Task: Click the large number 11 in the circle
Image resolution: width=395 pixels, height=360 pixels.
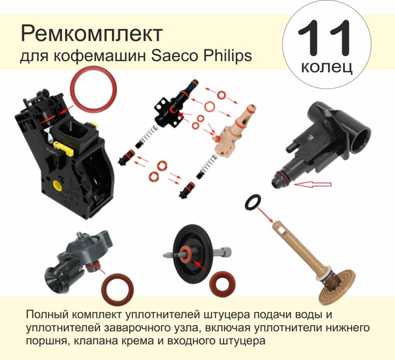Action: pos(324,38)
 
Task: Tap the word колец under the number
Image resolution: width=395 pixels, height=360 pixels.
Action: pos(327,66)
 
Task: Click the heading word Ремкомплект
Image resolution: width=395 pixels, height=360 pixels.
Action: pos(92,34)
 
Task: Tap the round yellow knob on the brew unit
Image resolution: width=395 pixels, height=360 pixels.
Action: pos(57,186)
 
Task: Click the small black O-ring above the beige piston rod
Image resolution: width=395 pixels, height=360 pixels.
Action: pos(253,202)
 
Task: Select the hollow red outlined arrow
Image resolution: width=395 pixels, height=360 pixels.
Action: pos(313,184)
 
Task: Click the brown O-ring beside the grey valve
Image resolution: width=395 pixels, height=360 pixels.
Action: pos(117,289)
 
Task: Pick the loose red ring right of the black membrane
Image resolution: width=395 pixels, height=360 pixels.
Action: pos(223,284)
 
